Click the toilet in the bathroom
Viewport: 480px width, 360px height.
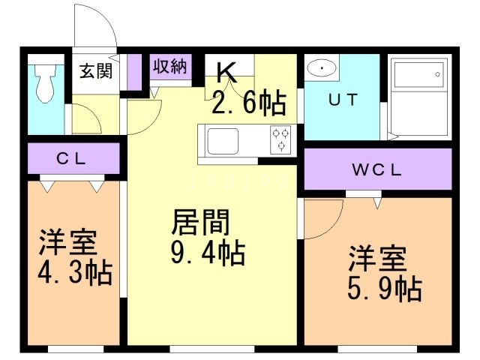tap(46, 82)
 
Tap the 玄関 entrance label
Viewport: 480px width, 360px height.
tap(96, 72)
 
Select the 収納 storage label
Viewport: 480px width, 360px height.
tap(169, 66)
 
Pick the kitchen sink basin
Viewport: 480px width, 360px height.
tap(222, 139)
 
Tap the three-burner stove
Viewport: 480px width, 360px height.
tap(281, 139)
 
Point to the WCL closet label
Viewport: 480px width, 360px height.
tap(378, 169)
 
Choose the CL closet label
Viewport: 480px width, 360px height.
tap(73, 158)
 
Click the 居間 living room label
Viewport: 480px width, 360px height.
tap(200, 223)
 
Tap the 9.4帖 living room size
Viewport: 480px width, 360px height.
tap(208, 255)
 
